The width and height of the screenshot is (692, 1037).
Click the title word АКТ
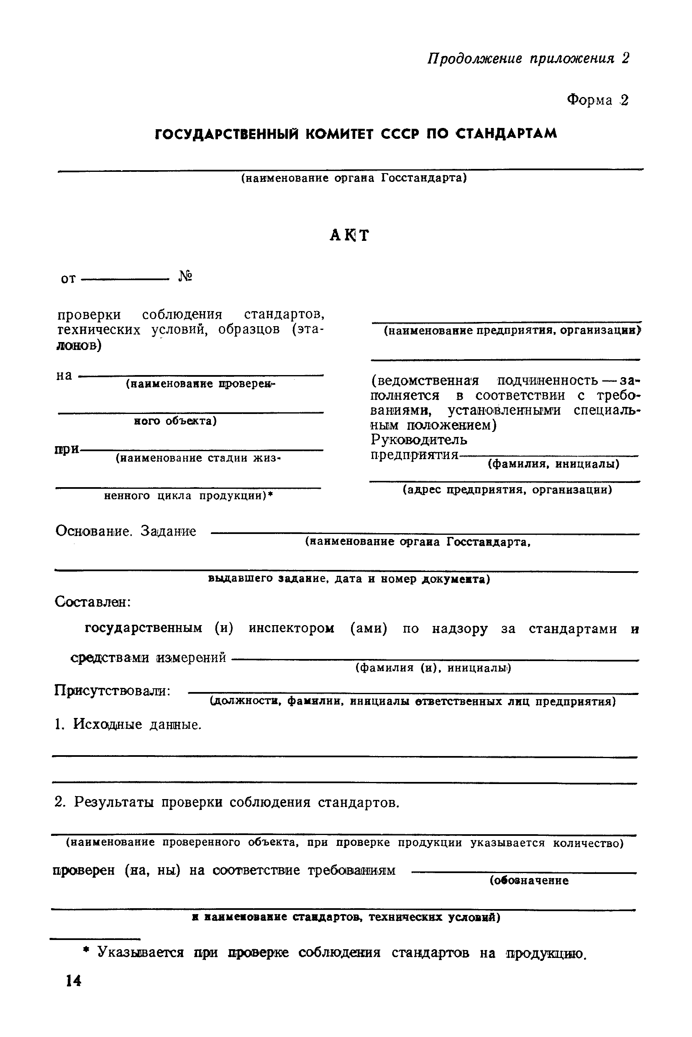pos(349,235)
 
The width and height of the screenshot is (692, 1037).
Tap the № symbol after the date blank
pos(185,276)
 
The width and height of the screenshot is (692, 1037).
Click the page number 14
pos(73,981)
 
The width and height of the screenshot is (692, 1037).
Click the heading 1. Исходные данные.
pos(128,724)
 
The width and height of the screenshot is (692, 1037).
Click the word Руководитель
pos(419,440)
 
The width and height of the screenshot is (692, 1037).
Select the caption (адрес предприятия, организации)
pos(507,490)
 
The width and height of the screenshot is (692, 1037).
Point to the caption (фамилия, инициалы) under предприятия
pos(554,464)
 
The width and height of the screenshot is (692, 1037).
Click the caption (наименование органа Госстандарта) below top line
pos(354,178)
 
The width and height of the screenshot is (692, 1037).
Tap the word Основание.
pos(94,531)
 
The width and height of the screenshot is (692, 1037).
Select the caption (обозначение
pos(529,881)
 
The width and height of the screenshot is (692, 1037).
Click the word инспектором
pos(292,628)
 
